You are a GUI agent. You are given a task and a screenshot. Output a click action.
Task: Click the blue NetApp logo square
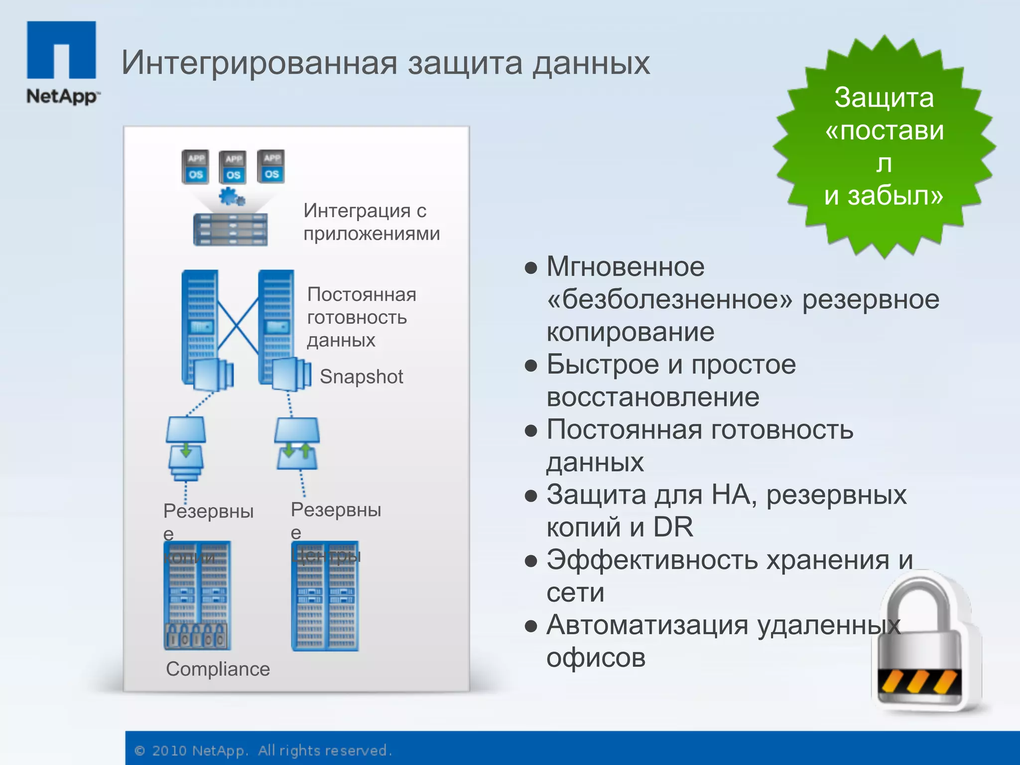point(61,49)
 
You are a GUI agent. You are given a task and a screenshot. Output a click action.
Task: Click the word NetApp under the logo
point(62,96)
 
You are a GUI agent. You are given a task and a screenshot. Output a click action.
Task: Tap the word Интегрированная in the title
point(259,63)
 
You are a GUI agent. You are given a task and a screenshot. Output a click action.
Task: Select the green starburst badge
point(884,146)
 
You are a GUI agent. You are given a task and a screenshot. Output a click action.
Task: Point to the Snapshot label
point(361,377)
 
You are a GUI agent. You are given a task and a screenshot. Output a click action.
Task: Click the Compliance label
point(218,669)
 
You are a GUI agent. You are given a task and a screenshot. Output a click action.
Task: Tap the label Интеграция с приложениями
point(372,222)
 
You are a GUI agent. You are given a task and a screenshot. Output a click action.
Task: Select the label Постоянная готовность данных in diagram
point(362,317)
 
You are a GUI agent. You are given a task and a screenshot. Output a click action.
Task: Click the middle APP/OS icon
point(233,167)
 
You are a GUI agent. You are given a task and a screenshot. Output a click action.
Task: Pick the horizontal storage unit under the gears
point(230,230)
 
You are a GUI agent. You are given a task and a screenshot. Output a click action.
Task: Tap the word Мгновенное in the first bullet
point(626,267)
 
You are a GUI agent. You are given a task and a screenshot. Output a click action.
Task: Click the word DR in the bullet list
point(673,527)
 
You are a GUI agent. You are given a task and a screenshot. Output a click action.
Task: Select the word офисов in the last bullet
point(596,658)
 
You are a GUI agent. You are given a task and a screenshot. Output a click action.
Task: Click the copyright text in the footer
point(263,751)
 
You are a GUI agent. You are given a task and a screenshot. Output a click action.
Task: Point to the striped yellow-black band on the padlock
point(919,682)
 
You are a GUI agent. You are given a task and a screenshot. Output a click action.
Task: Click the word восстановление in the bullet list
point(653,397)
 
